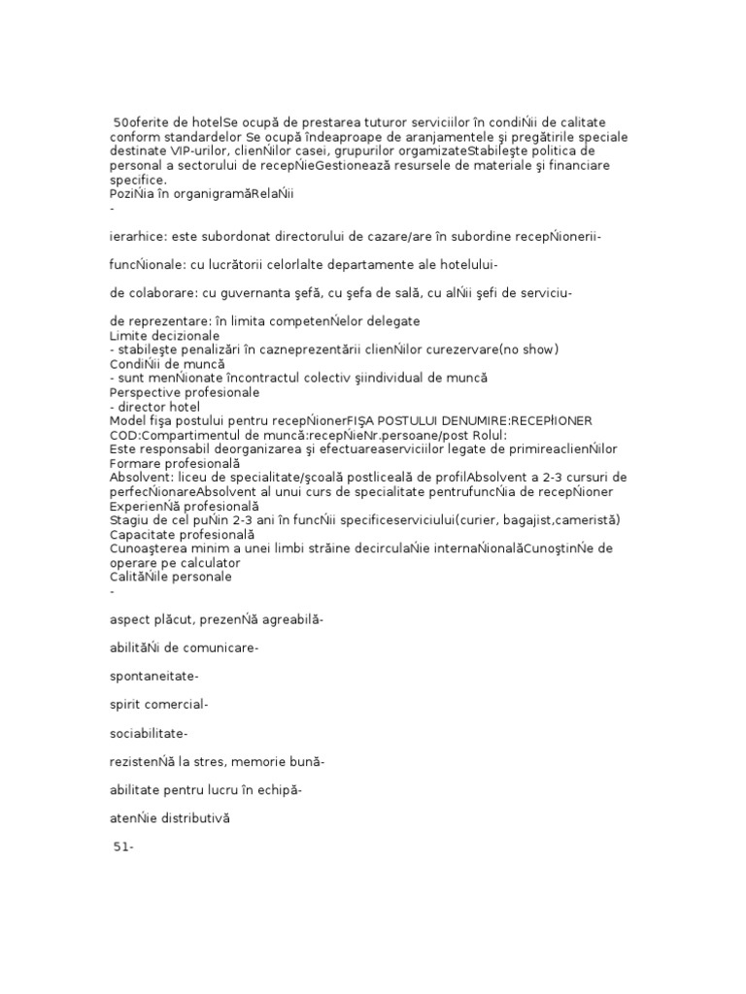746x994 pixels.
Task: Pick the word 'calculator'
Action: [193, 562]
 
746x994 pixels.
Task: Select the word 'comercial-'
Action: [175, 705]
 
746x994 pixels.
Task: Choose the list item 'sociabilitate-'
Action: [150, 733]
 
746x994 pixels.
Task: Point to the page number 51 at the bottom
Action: [120, 846]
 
